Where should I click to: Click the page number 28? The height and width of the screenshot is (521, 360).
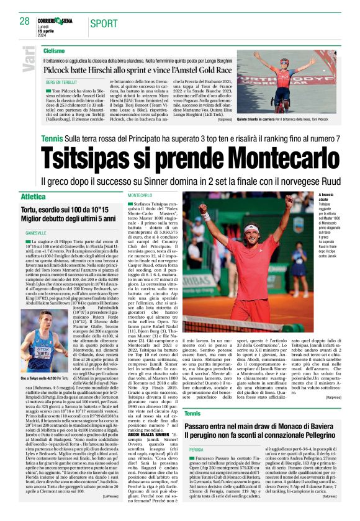24,21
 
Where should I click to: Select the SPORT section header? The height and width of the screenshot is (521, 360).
103,24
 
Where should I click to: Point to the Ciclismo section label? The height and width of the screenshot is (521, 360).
55,50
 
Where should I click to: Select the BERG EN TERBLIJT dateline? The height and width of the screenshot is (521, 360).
60,82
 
